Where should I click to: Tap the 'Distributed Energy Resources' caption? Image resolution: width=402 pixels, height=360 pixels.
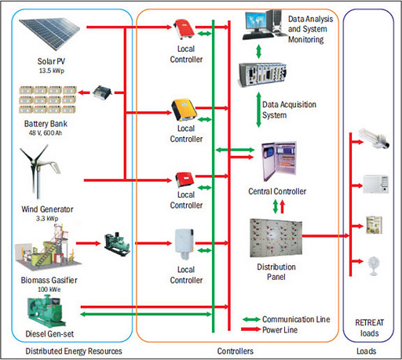64,351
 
